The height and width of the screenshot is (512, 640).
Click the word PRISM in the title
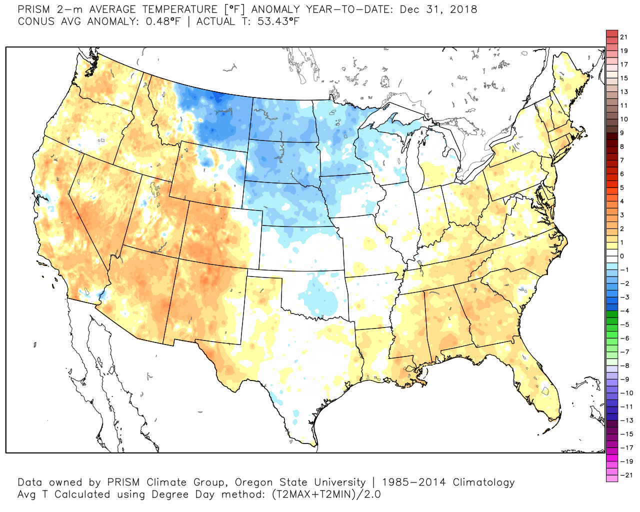(33, 9)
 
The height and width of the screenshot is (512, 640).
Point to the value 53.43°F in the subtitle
(278, 21)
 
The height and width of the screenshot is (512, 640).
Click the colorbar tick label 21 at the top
(623, 37)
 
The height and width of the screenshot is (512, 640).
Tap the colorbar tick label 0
(622, 256)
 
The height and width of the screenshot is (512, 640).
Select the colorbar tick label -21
(626, 475)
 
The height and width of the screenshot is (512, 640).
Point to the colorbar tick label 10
(623, 119)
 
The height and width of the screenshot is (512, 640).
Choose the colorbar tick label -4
(624, 311)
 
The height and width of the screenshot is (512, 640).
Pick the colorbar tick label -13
(626, 420)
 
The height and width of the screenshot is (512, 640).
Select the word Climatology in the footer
(483, 482)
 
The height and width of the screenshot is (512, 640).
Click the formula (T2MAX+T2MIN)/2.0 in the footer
(326, 494)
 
